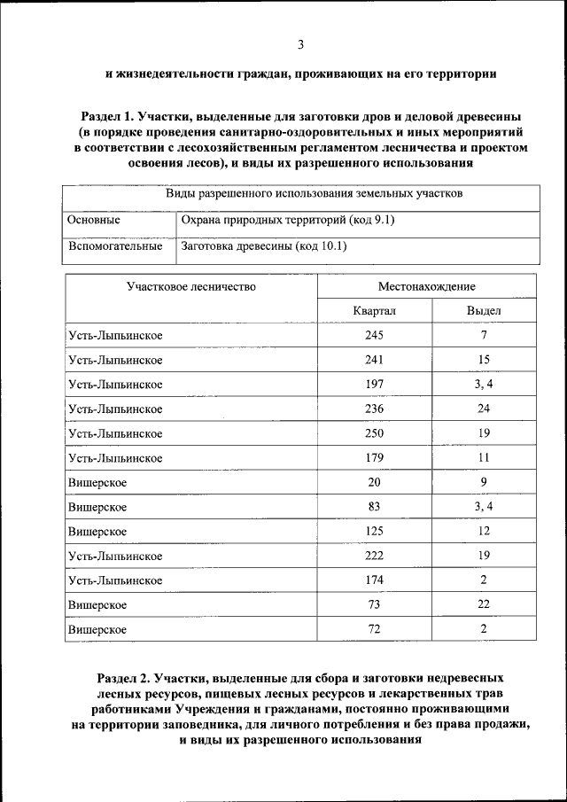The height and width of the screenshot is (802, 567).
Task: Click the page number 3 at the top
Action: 300,45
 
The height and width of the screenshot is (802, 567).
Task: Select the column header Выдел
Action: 484,311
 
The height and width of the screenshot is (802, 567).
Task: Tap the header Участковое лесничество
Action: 190,286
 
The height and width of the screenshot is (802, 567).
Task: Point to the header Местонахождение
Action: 426,286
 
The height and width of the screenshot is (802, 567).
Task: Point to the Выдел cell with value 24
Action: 484,409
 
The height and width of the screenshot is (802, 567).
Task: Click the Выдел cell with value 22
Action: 484,604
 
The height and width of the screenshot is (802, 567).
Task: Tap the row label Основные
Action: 94,220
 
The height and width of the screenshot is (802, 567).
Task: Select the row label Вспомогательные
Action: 115,246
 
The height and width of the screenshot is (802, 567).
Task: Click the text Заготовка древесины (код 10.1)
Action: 263,246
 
